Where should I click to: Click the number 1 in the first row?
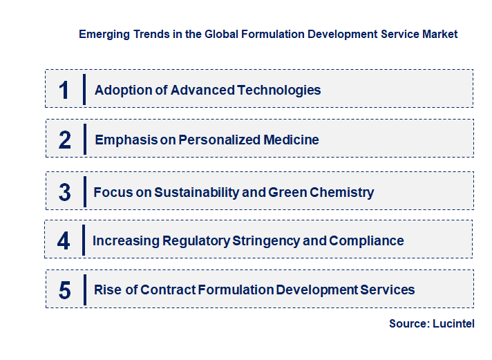coord(64,90)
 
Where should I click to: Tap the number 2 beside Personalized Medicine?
coord(65,140)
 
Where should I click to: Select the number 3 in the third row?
coord(65,193)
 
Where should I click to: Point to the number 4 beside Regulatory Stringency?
coord(64,241)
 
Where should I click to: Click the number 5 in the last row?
coord(65,290)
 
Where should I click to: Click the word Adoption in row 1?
coord(119,90)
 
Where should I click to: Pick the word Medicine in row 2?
coord(291,140)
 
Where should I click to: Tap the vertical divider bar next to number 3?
coord(84,191)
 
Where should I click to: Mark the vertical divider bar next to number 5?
coord(84,289)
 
